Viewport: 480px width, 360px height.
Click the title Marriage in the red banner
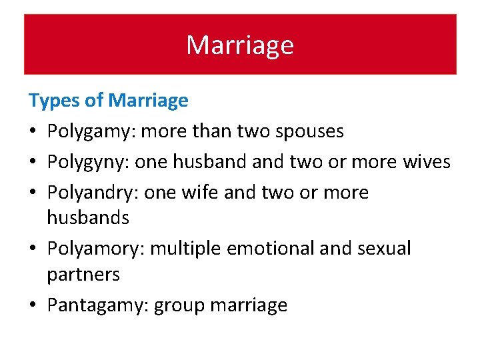(240, 45)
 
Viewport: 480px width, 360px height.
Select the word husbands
(88, 217)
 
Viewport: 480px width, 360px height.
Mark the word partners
(83, 274)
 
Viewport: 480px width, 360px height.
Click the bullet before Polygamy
(33, 131)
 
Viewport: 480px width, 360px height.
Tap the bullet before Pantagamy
(33, 305)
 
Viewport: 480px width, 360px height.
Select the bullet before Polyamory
(33, 249)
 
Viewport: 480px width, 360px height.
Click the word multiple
(187, 249)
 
